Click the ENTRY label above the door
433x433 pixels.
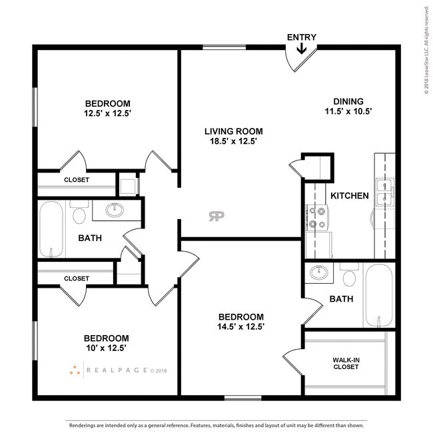coord(301,37)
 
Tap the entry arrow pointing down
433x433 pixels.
coord(301,49)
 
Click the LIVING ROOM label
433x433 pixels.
coord(233,131)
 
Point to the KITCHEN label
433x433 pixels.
coord(350,196)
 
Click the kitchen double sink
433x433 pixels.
coord(384,191)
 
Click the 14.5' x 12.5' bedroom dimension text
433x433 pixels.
coord(240,326)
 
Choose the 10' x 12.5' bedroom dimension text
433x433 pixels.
coord(107,348)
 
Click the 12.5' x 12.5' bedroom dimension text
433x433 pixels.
coord(107,113)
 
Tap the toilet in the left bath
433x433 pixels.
coord(79,215)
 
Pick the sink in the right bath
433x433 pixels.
coord(318,273)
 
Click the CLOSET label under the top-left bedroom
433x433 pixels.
coord(77,180)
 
